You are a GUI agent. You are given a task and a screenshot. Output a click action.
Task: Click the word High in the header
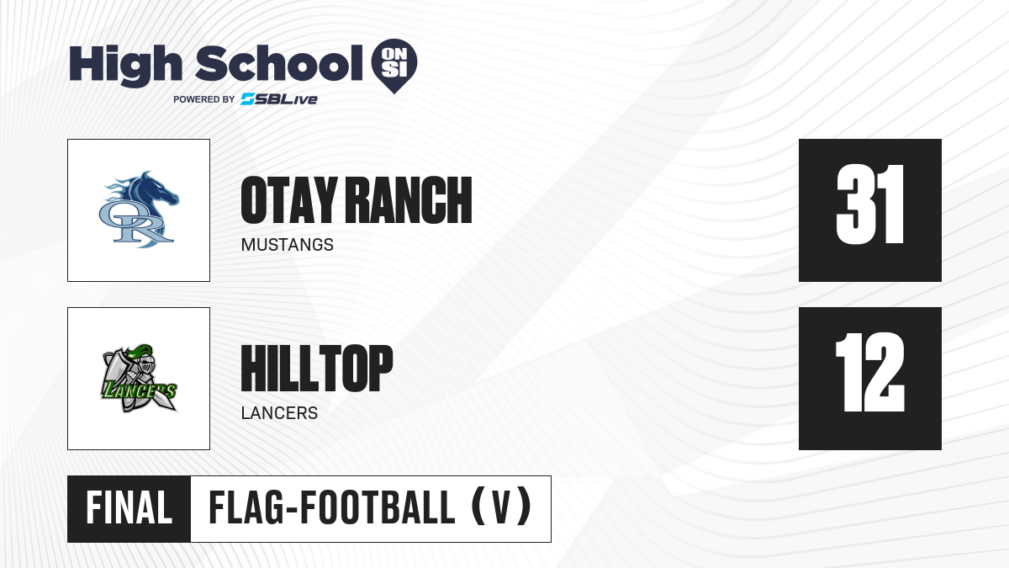point(126,65)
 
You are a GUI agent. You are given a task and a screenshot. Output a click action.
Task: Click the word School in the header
point(279,63)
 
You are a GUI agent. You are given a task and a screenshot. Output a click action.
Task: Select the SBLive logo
point(279,99)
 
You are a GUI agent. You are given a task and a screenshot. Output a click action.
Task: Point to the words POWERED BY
point(204,99)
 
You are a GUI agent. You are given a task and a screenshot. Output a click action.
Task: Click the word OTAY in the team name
point(289,199)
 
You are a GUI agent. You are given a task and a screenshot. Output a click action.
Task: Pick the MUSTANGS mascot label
point(288,245)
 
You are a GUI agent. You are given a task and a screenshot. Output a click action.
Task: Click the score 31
point(870,204)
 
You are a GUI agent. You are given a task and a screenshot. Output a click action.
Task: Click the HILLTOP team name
point(317,368)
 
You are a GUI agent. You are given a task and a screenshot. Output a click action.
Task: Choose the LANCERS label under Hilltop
point(279,413)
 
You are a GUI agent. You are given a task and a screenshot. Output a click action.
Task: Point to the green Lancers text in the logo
point(139,390)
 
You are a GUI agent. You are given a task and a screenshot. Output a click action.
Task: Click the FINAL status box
point(129,508)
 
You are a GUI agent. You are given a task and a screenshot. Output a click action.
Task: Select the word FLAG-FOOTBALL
point(332,507)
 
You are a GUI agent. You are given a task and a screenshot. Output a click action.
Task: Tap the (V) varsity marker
point(501,507)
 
